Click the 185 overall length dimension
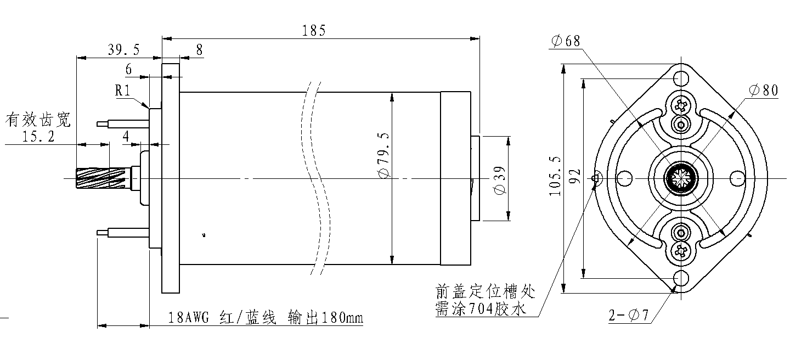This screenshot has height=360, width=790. point(314,31)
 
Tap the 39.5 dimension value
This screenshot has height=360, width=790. point(124,50)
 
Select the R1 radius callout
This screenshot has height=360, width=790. point(122,91)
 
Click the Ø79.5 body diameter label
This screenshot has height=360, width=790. point(383,155)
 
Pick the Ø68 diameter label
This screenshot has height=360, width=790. point(565,41)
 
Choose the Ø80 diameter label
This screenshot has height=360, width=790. point(763,91)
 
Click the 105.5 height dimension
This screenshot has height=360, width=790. point(555,176)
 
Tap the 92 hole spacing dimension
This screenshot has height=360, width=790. point(575,176)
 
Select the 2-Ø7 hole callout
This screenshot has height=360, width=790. point(629,315)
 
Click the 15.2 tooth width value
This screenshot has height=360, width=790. point(38,136)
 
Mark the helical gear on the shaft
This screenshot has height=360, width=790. point(101,178)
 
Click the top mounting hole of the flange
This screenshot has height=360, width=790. point(681,78)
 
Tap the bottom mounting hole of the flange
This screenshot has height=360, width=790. point(681,278)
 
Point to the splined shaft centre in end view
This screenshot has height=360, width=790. point(681,178)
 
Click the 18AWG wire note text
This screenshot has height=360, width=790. point(265,318)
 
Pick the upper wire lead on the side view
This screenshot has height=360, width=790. point(123,124)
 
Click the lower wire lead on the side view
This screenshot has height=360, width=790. point(123,233)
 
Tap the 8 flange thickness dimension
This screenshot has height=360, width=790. point(199,50)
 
